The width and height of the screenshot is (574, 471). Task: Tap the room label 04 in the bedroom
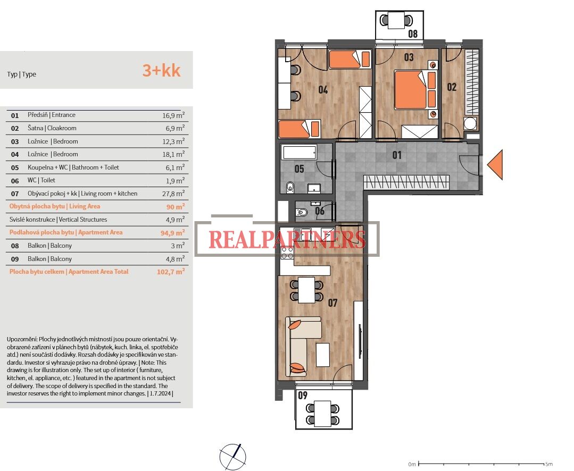click(x=323, y=90)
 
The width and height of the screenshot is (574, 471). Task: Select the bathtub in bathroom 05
click(x=300, y=152)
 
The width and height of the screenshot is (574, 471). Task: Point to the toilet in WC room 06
click(x=302, y=212)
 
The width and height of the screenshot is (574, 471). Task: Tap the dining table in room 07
click(x=306, y=290)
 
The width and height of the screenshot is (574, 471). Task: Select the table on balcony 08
click(x=396, y=20)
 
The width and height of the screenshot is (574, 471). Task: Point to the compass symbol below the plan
click(x=233, y=457)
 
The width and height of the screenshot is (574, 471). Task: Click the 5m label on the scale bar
click(x=549, y=464)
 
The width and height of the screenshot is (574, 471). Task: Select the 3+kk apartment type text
click(x=161, y=70)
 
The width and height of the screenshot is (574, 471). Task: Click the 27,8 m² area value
click(x=173, y=194)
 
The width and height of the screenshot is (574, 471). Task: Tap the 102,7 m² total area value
click(x=171, y=272)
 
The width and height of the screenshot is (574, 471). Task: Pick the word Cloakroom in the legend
click(x=62, y=128)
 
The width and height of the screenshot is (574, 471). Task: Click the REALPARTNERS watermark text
click(x=287, y=240)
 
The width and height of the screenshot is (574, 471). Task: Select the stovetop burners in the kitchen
click(x=287, y=253)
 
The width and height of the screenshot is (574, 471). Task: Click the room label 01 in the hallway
click(x=397, y=155)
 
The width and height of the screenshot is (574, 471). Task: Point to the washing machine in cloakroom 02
click(x=470, y=123)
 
